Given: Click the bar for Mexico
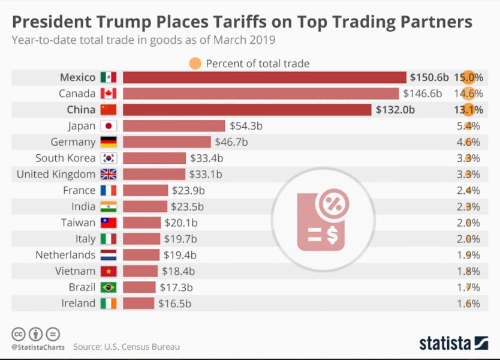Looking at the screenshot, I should click(x=264, y=77).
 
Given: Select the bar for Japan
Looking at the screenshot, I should click(x=174, y=126).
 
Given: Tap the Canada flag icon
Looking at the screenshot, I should click(x=109, y=94).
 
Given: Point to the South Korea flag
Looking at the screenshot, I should click(x=109, y=158).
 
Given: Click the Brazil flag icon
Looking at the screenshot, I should click(x=109, y=287).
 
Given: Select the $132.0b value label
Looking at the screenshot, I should click(x=395, y=110).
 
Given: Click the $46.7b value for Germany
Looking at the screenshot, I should click(x=231, y=142).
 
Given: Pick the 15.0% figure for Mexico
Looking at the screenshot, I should click(x=468, y=77).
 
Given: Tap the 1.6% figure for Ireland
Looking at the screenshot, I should click(x=468, y=303).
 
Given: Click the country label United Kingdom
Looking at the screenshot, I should click(x=56, y=174).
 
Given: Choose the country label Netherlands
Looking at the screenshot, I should click(x=65, y=255).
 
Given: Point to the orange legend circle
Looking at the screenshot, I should click(x=195, y=63).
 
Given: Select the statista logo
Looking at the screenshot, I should click(x=453, y=343).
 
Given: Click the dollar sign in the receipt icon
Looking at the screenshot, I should click(x=332, y=235).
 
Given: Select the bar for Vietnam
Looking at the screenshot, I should click(x=140, y=271).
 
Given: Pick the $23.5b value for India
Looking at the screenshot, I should click(x=187, y=206).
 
